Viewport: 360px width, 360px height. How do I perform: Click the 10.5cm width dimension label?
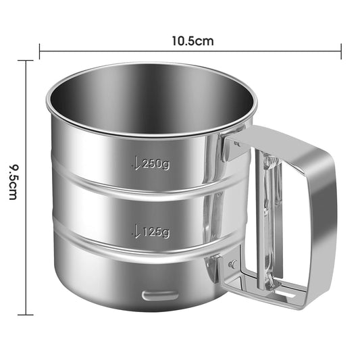pyautogui.click(x=191, y=41)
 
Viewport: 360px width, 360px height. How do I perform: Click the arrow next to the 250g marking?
pyautogui.click(x=136, y=163)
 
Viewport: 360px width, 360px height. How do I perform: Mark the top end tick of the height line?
pyautogui.click(x=26, y=61)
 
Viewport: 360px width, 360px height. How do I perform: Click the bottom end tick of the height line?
pyautogui.click(x=26, y=314)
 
